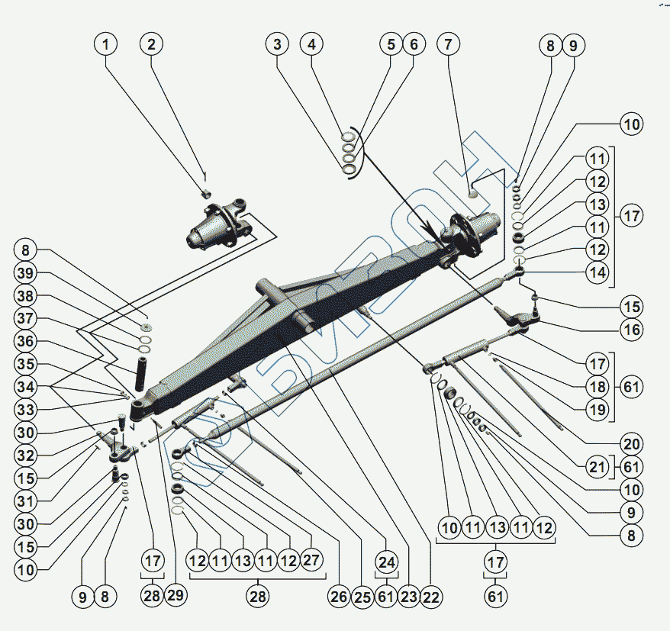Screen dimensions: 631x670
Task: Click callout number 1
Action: point(107,44)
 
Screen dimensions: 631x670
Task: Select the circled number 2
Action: point(151,44)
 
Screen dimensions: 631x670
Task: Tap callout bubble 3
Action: point(277,44)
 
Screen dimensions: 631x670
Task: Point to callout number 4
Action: point(311,44)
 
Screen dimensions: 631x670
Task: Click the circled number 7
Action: point(448,44)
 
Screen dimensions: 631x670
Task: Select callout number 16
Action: point(632,330)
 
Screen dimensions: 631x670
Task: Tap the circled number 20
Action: point(632,443)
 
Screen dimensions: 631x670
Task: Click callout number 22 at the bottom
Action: point(431,597)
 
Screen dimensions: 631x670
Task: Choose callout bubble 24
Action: point(387,563)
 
